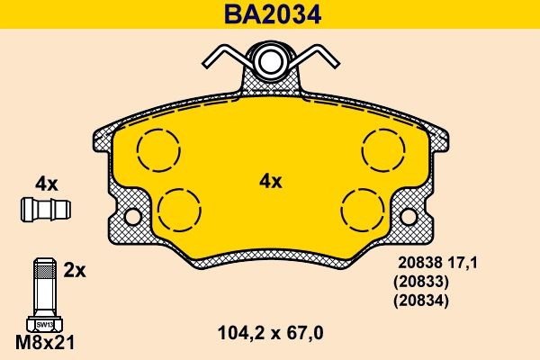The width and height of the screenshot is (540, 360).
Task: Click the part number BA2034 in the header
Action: click(x=270, y=14)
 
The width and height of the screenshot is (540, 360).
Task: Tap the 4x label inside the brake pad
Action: click(x=270, y=181)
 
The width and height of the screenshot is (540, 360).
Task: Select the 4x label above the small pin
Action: click(x=45, y=184)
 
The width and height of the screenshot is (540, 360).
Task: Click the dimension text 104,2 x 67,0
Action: click(x=270, y=332)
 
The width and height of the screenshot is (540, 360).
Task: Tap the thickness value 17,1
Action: click(x=463, y=263)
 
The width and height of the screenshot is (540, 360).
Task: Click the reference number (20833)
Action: click(x=419, y=281)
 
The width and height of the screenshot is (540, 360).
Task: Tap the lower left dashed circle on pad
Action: click(x=178, y=209)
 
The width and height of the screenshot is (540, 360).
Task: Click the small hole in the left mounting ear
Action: click(x=132, y=217)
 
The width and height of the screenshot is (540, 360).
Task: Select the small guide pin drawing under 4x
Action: click(x=45, y=210)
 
